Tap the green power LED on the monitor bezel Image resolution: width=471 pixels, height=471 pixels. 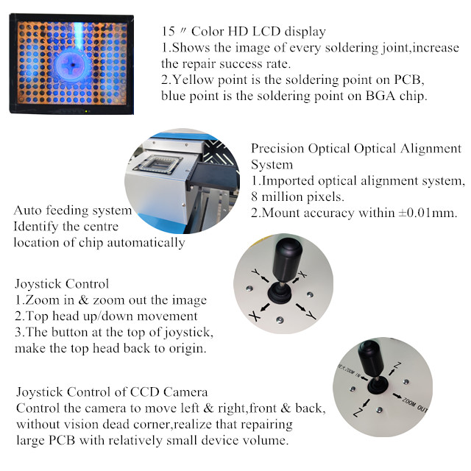[85, 111]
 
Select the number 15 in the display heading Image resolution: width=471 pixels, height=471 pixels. [168, 33]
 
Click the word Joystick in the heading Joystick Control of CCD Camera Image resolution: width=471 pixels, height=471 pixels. [39, 392]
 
